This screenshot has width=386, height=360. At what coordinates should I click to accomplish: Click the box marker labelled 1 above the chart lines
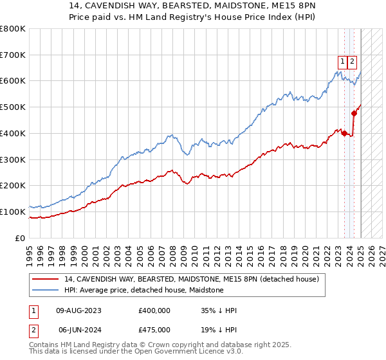[x=343, y=62]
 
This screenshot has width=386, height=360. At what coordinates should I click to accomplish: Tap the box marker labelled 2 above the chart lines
[x=353, y=62]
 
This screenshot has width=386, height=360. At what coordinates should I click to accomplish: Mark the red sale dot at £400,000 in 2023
[x=344, y=133]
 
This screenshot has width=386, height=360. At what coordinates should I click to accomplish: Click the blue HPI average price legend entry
[x=143, y=290]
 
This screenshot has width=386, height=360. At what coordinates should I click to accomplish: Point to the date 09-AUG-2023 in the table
[x=78, y=310]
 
